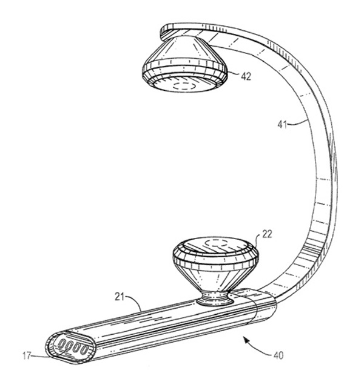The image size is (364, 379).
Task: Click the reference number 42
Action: (x=246, y=76)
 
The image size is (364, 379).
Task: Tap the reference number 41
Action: (x=282, y=125)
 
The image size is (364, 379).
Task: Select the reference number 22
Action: (x=267, y=234)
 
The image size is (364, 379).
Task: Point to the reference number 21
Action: (x=119, y=297)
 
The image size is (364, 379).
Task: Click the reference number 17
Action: (x=27, y=355)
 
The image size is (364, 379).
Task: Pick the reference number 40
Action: (x=278, y=355)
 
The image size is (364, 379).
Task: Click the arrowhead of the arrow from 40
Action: (x=246, y=341)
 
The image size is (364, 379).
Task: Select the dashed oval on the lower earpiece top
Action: (x=216, y=243)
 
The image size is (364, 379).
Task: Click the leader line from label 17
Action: (x=47, y=354)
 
